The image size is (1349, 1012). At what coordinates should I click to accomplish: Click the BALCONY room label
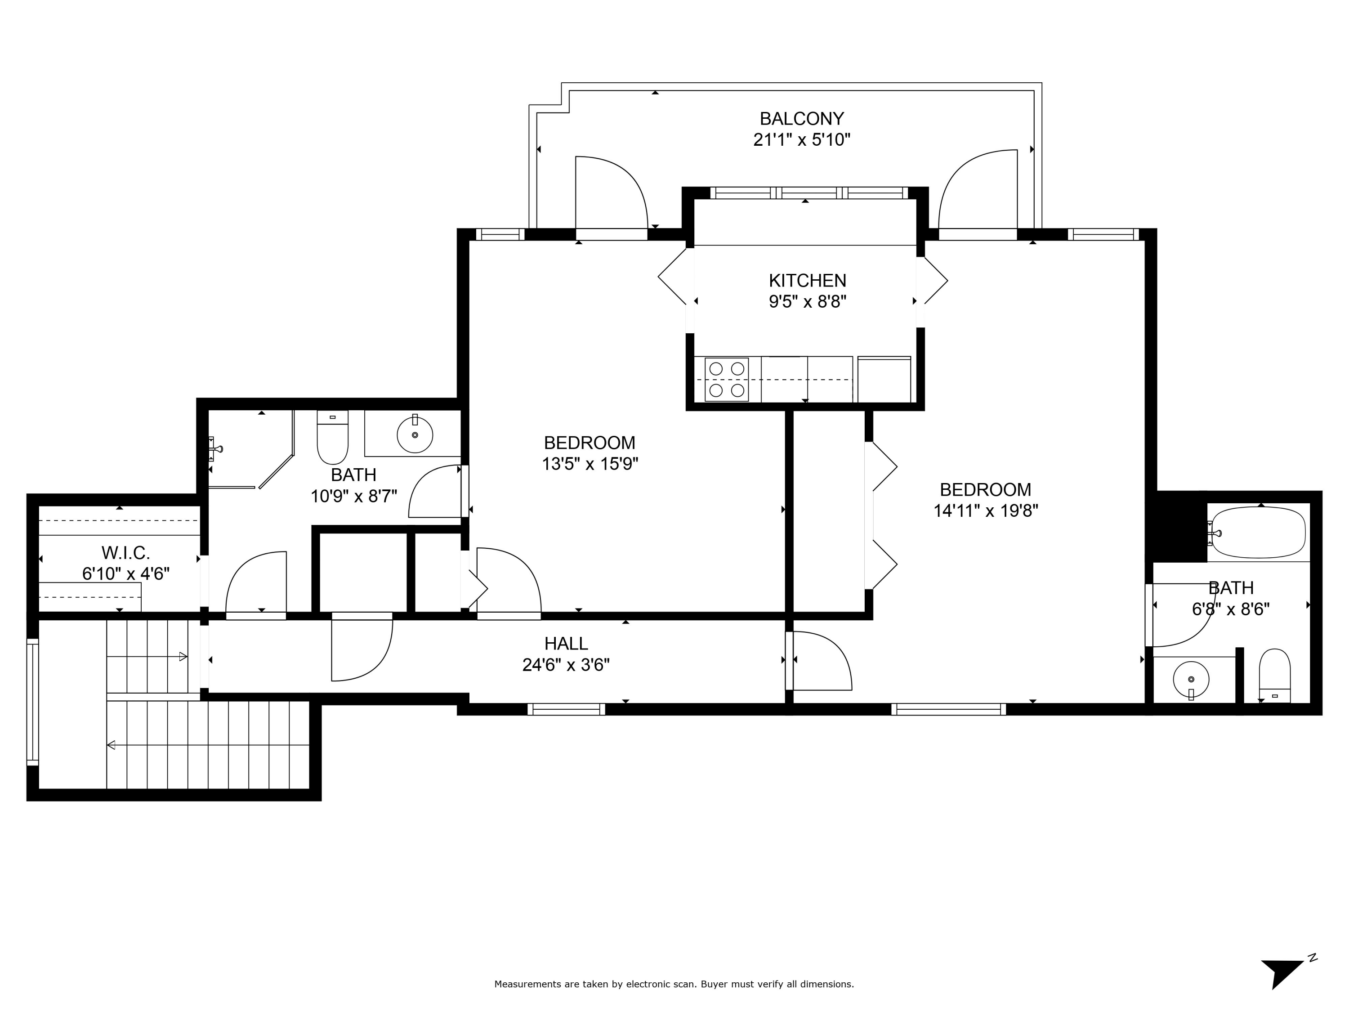801,118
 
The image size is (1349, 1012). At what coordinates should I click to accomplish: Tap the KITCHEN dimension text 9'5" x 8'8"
808,302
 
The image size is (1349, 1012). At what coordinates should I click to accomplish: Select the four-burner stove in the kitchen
726,380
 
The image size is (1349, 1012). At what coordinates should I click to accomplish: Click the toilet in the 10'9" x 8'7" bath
332,437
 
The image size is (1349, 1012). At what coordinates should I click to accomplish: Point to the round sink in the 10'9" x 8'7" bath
415,435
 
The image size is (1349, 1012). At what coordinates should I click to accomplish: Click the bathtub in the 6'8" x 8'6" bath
1258,532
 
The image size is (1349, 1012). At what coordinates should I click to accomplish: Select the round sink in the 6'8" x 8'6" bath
1190,679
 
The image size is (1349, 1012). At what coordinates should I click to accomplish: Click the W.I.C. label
125,553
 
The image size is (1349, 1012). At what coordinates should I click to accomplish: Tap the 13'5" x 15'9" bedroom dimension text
590,464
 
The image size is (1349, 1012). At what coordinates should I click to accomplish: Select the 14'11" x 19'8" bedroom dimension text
986,510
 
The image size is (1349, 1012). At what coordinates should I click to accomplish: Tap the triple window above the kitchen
809,193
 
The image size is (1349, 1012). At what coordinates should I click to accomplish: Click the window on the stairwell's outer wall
32,702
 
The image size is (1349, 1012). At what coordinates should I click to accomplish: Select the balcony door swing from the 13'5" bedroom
611,194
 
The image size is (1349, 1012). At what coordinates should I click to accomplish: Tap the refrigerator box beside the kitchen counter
884,380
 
